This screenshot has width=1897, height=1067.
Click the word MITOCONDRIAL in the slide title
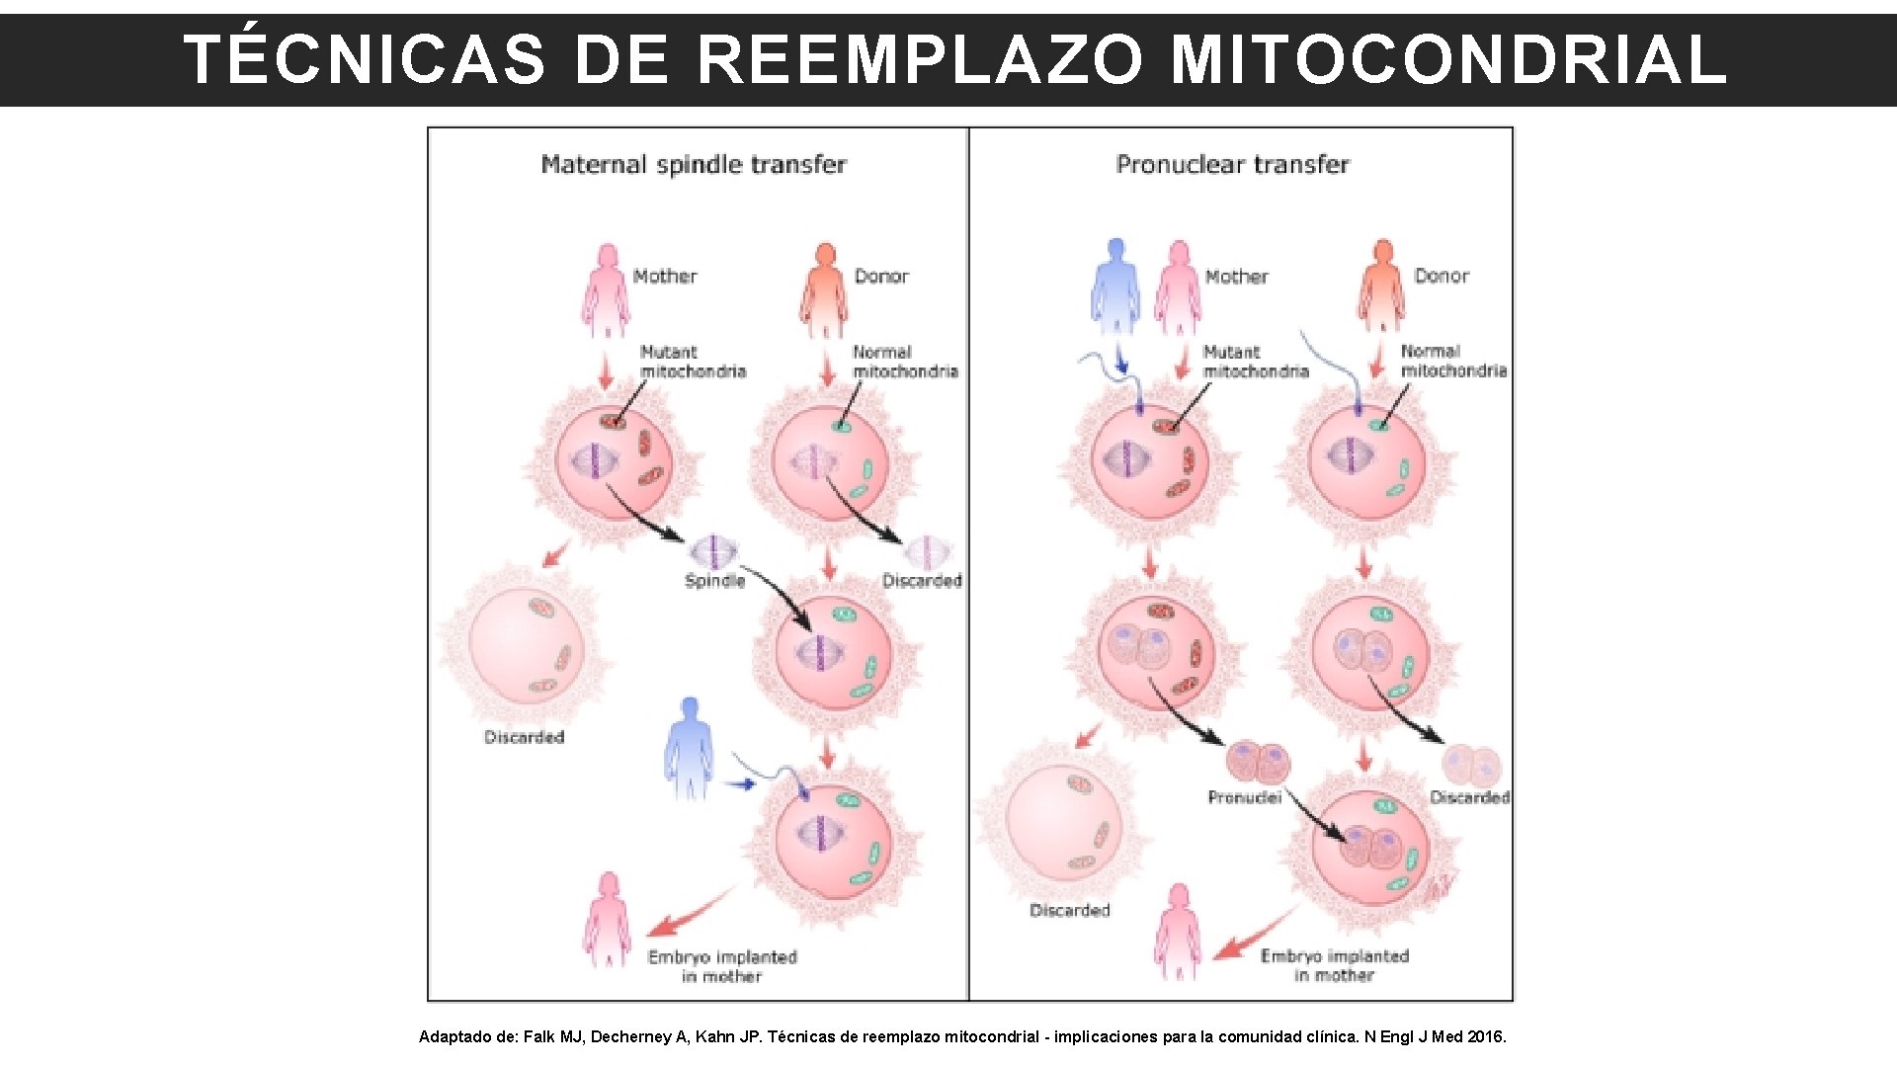pyautogui.click(x=1448, y=59)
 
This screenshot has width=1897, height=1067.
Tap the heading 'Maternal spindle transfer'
pyautogui.click(x=694, y=164)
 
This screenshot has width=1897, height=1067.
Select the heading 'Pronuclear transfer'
pyautogui.click(x=1232, y=164)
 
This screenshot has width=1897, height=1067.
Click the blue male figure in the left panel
pyautogui.click(x=689, y=749)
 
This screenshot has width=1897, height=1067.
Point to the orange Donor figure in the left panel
pyautogui.click(x=824, y=289)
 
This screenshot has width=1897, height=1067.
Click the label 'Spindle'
pyautogui.click(x=714, y=581)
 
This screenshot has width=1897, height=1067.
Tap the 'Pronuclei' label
pyautogui.click(x=1244, y=797)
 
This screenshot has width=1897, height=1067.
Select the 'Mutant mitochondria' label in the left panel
pyautogui.click(x=693, y=362)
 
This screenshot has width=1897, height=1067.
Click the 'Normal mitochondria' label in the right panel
pyautogui.click(x=1453, y=361)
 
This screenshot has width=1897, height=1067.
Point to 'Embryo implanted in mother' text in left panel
pyautogui.click(x=722, y=966)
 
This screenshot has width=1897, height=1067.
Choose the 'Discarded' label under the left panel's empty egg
pyautogui.click(x=524, y=737)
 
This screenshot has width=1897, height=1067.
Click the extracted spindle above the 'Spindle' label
pyautogui.click(x=713, y=551)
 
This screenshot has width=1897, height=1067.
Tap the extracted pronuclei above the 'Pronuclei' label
pyautogui.click(x=1258, y=763)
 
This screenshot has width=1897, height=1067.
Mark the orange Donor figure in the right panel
pyautogui.click(x=1382, y=286)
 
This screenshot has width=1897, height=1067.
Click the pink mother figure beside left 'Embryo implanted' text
pyautogui.click(x=607, y=919)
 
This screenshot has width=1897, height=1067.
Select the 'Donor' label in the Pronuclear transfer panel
pyautogui.click(x=1442, y=276)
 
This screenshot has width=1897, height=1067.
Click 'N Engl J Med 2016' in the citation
pyautogui.click(x=1435, y=1036)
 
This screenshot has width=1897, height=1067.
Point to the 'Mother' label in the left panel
pyautogui.click(x=665, y=277)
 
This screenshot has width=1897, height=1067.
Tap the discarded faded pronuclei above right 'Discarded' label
pyautogui.click(x=1471, y=765)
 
